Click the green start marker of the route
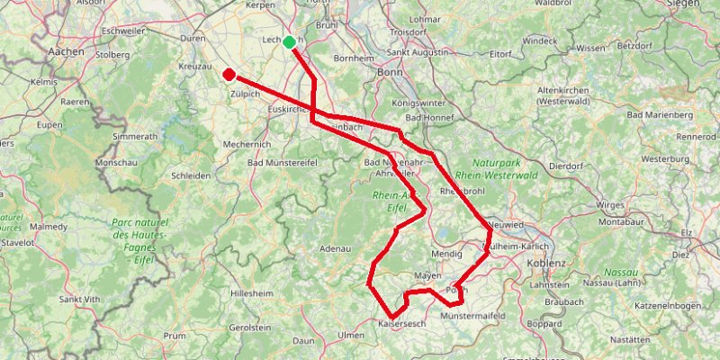288,42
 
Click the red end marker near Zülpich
229,75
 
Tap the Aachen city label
69,52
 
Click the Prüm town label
174,335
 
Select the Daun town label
303,341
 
